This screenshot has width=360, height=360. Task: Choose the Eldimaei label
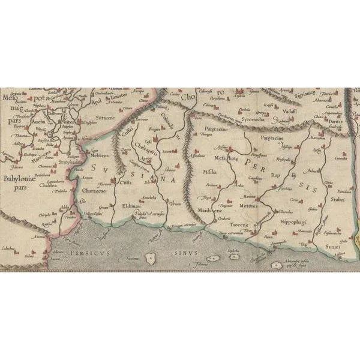coord(131,204)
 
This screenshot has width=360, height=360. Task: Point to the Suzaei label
coord(333,247)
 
